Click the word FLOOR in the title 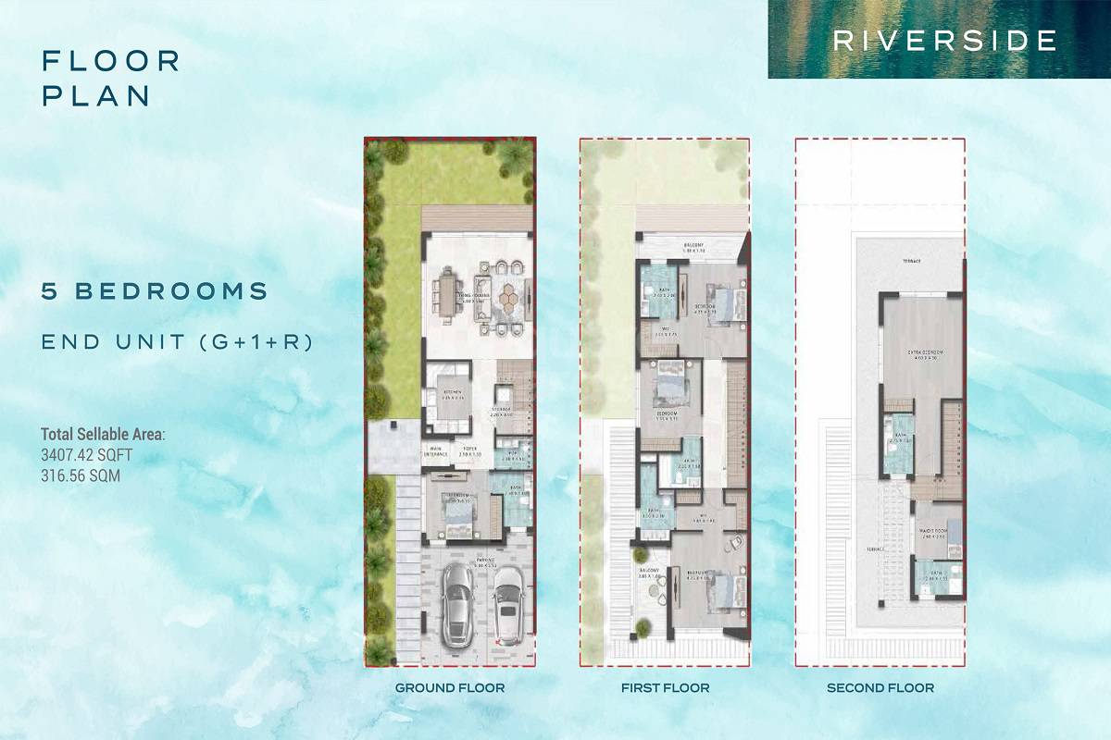click(x=111, y=61)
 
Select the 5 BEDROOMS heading click(x=155, y=291)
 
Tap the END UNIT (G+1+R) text click(x=177, y=341)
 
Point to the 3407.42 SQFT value click(x=87, y=455)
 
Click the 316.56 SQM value click(x=81, y=475)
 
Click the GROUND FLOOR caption click(x=450, y=688)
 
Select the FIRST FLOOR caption click(x=666, y=688)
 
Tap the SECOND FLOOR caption click(x=880, y=688)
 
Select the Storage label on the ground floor click(x=501, y=413)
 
